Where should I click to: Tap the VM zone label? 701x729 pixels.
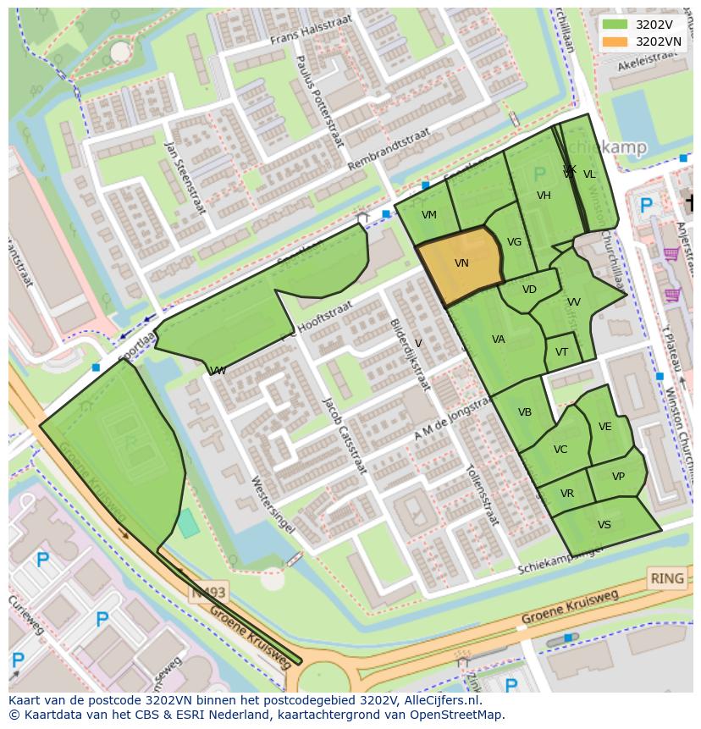pos(429,215)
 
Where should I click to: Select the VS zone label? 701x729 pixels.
pos(604,525)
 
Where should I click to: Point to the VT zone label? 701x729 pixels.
pos(562,352)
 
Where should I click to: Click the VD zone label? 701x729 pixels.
pos(529,290)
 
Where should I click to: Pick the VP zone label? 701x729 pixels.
pos(618,477)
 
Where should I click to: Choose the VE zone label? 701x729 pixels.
pos(604,427)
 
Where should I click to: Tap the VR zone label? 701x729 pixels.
pos(566,494)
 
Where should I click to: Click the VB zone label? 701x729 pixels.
pos(525,412)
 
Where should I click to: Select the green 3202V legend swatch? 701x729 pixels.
pos(615,25)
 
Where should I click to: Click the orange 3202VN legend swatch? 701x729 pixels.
pos(615,41)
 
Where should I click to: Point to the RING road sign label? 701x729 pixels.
pos(666,579)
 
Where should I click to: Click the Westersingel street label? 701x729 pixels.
pos(273,504)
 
